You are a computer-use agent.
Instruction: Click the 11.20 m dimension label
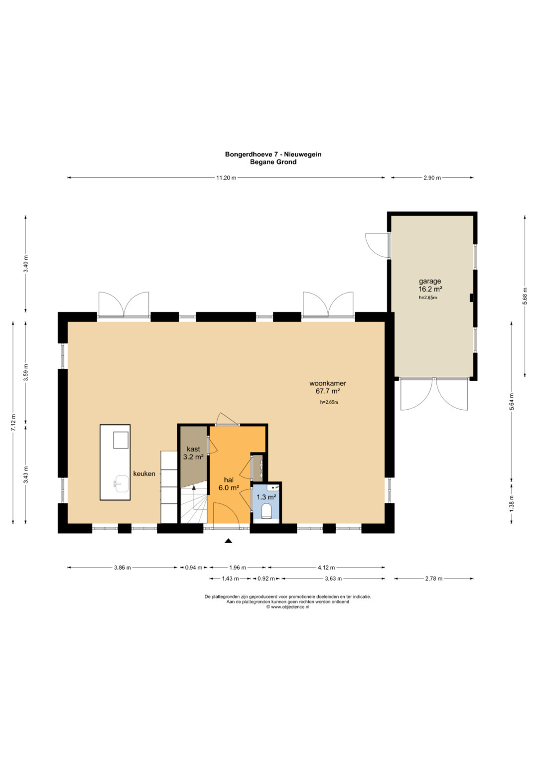226,178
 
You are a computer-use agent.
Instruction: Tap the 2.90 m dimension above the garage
432,178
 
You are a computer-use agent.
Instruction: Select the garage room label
430,281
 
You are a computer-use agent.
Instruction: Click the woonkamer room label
328,383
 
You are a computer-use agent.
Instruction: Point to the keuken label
144,473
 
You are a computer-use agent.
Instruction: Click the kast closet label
193,449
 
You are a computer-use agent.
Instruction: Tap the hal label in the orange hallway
229,480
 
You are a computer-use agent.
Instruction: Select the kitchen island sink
121,483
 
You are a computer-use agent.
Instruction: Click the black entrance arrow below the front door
229,541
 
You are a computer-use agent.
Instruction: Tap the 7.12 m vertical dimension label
13,423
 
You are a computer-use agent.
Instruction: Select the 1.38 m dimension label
512,502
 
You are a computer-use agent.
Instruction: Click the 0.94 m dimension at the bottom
194,567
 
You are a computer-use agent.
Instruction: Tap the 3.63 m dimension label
333,579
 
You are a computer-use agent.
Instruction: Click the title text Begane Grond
273,162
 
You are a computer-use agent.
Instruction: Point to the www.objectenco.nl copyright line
288,607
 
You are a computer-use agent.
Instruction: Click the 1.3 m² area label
266,497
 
